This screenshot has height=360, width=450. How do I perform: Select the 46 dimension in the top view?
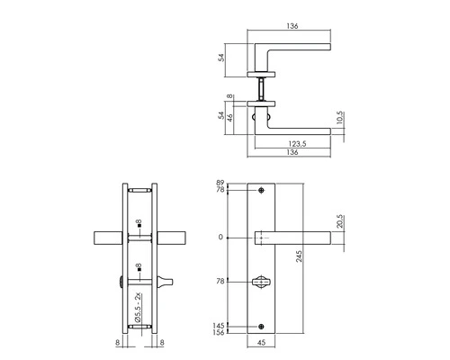[x=230, y=117]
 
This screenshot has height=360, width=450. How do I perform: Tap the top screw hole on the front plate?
[x=261, y=191]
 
